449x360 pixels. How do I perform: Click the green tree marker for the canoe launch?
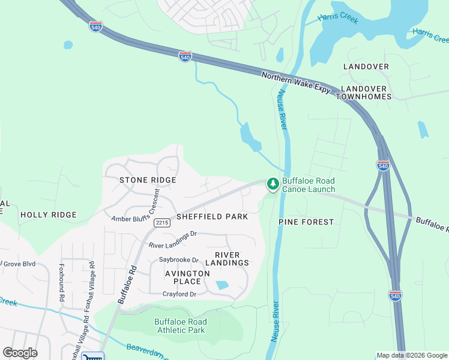pyautogui.click(x=273, y=184)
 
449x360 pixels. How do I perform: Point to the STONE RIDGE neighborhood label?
pyautogui.click(x=148, y=180)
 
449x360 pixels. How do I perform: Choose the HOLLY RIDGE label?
pyautogui.click(x=49, y=215)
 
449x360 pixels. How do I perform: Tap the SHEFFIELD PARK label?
pyautogui.click(x=212, y=217)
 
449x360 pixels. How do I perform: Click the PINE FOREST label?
pyautogui.click(x=306, y=222)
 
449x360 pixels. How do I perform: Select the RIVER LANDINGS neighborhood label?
pyautogui.click(x=227, y=259)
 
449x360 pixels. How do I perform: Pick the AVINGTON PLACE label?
pyautogui.click(x=187, y=277)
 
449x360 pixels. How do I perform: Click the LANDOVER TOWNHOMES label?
pyautogui.click(x=365, y=92)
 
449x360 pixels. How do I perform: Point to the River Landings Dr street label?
pyautogui.click(x=173, y=240)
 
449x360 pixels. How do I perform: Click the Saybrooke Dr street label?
pyautogui.click(x=178, y=260)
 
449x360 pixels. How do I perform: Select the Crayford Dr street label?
pyautogui.click(x=179, y=294)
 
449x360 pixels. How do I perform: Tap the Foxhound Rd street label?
pyautogui.click(x=61, y=278)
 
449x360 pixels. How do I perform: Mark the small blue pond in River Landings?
pyautogui.click(x=223, y=286)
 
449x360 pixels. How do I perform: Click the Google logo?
pyautogui.click(x=20, y=353)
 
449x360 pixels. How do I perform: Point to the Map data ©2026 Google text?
pyautogui.click(x=411, y=355)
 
